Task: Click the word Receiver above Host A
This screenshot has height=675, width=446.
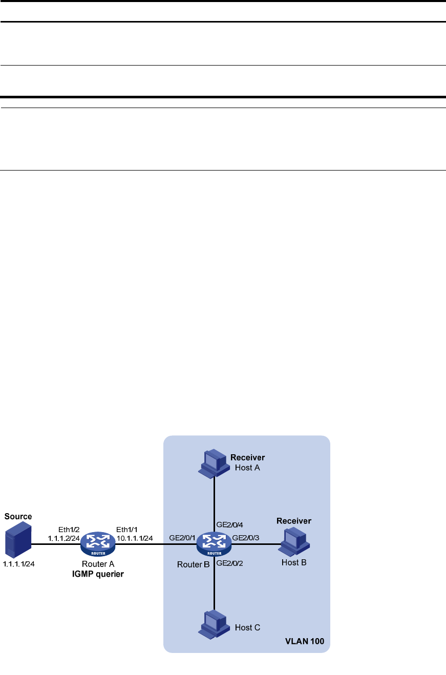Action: pos(247,457)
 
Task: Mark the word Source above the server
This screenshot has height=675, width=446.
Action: pos(18,517)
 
